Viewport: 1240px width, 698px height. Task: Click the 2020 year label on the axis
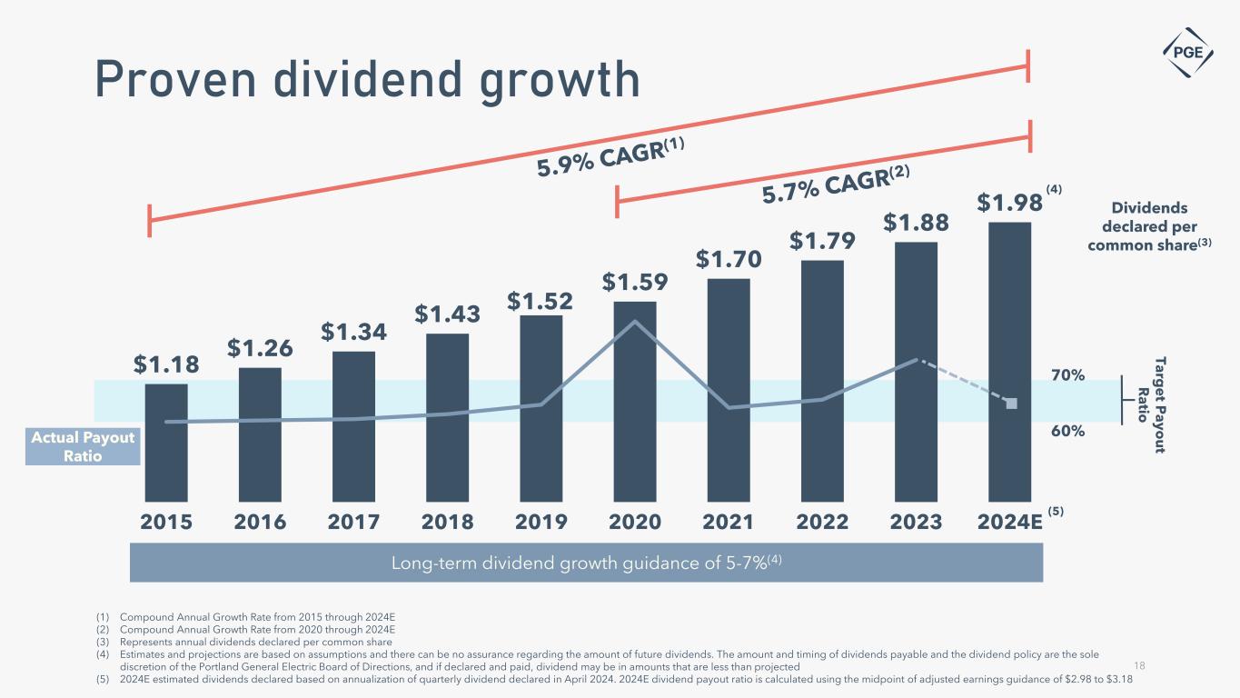pos(635,522)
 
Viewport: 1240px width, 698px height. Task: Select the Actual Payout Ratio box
pos(83,446)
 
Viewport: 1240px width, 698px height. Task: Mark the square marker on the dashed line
pos(1012,403)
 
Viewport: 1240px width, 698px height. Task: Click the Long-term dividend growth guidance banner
pos(586,563)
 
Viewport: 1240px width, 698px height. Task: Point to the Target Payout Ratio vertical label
pos(1149,401)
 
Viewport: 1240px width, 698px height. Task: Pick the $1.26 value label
pos(259,348)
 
